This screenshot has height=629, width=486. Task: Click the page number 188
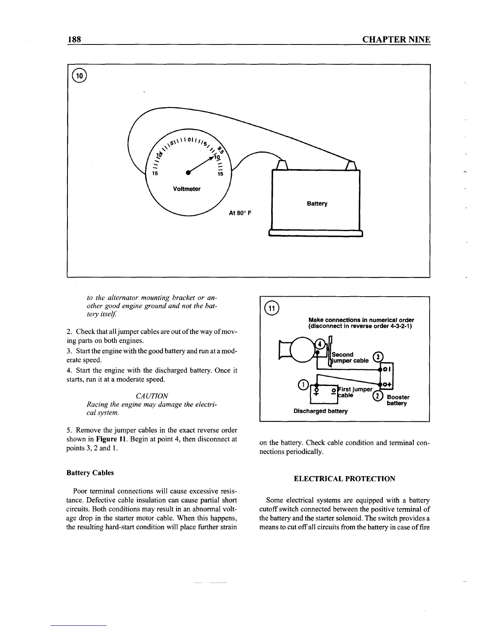(x=74, y=39)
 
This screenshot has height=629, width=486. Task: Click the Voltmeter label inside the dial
(x=187, y=189)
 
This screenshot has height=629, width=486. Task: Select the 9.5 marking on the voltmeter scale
(x=221, y=151)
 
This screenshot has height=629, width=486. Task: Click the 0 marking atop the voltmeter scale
(x=191, y=140)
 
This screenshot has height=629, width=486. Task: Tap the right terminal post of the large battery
(x=352, y=164)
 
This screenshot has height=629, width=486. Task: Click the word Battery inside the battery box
(x=317, y=204)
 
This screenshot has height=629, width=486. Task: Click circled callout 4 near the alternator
(x=318, y=344)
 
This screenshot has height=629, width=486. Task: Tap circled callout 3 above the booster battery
(x=379, y=357)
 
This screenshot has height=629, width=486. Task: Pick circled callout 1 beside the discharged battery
(x=303, y=384)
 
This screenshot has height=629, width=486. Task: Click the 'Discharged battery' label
(x=320, y=411)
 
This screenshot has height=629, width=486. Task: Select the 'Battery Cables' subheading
(x=90, y=473)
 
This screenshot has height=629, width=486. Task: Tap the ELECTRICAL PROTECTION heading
(x=344, y=479)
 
